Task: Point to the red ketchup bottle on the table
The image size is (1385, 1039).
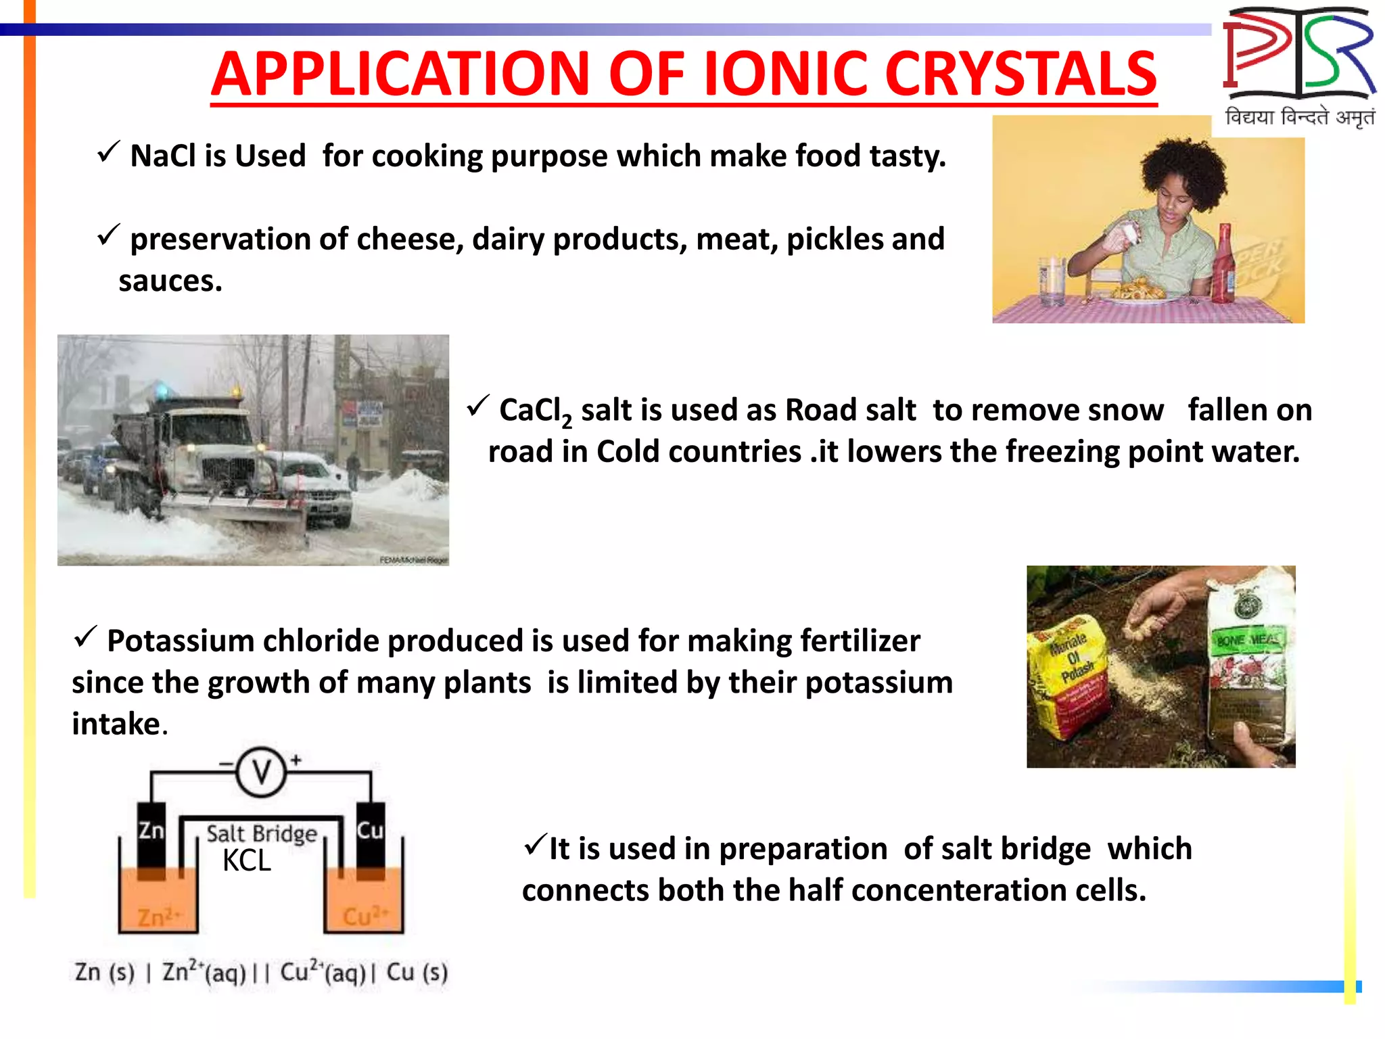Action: click(x=1223, y=264)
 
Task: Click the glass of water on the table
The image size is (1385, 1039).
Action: click(x=1052, y=279)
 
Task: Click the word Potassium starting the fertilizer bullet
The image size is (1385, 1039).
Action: click(x=180, y=641)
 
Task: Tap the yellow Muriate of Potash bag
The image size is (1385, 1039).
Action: click(x=1069, y=676)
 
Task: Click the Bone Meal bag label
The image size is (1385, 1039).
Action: click(x=1248, y=639)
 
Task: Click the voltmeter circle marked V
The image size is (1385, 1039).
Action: click(x=261, y=771)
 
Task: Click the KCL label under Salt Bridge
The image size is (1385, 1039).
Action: click(x=247, y=861)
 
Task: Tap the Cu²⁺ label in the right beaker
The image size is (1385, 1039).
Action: click(x=365, y=917)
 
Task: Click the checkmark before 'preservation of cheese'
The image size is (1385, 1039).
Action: click(x=108, y=235)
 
